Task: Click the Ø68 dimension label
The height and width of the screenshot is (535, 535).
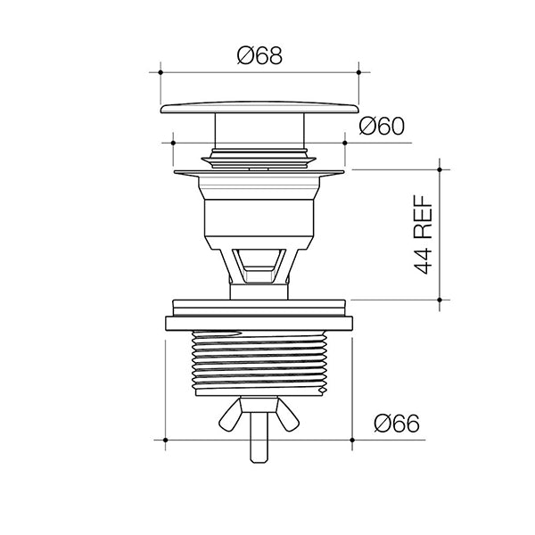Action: click(259, 55)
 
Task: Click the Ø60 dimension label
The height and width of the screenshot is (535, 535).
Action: click(382, 126)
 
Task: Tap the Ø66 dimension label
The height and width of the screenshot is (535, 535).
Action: click(397, 424)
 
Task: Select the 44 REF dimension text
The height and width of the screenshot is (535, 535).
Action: click(423, 235)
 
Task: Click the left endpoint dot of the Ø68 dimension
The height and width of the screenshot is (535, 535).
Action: click(160, 72)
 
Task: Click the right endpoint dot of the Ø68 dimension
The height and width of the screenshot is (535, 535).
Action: click(358, 72)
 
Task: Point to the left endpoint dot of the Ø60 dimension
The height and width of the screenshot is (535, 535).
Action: click(173, 143)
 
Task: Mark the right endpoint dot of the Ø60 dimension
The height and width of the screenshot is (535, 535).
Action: click(344, 143)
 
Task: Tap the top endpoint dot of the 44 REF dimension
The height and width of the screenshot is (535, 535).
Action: click(440, 169)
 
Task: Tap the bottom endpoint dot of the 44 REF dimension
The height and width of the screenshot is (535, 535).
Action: click(440, 300)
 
